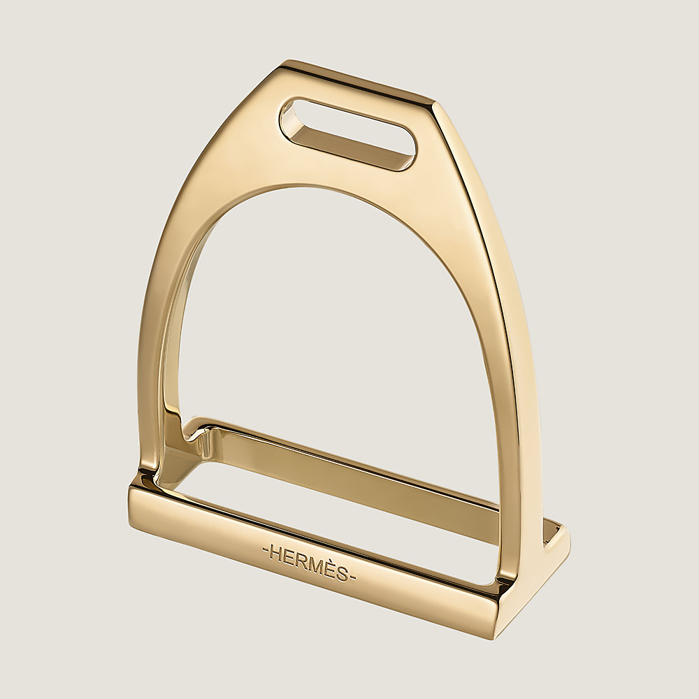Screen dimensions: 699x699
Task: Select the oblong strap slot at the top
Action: point(347,133)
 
